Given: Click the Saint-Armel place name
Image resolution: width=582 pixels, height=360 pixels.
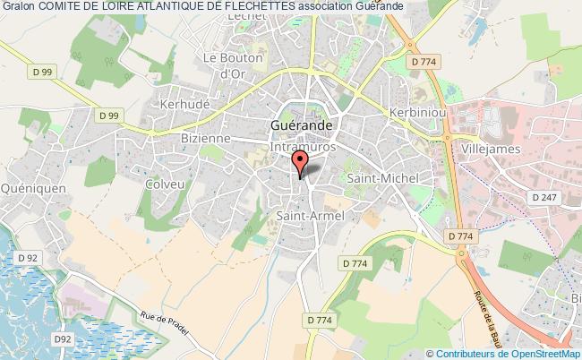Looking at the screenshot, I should (x=310, y=215).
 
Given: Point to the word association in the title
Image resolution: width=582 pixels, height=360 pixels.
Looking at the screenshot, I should (x=332, y=6).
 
